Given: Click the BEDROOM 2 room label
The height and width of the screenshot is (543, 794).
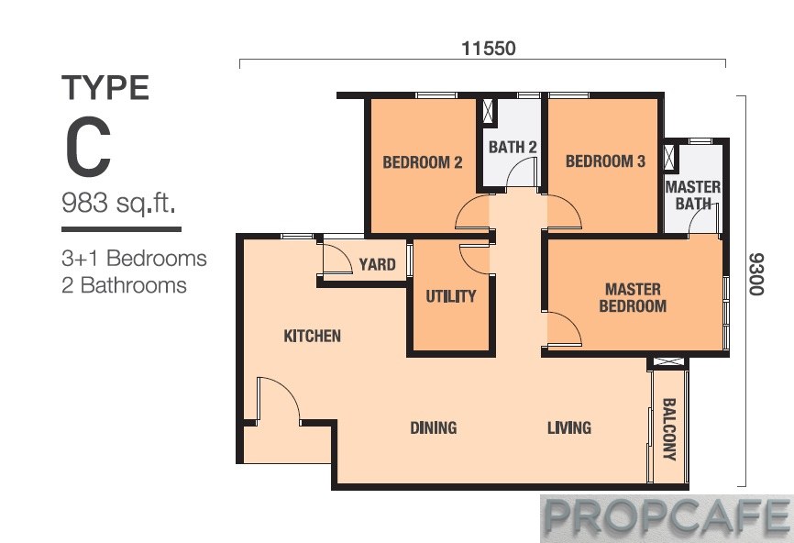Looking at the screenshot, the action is [423, 162].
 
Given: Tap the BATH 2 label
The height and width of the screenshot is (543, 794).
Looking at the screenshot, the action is [513, 148].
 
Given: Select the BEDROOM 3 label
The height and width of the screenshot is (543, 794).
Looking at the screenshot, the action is [605, 161].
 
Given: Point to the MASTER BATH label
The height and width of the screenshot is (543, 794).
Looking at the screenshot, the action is [693, 195].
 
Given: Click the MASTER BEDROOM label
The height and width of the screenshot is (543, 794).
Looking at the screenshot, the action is [633, 297].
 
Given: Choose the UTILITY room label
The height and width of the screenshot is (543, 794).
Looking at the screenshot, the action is [451, 296].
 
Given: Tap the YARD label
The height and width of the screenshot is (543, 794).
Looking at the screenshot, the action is [377, 264].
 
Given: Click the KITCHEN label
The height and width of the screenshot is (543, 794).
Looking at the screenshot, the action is [312, 336].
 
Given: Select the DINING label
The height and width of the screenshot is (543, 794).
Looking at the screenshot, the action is [434, 427].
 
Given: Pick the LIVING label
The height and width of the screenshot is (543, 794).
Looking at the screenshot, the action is [569, 427].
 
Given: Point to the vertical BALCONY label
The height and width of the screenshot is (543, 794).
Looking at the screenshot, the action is [669, 429].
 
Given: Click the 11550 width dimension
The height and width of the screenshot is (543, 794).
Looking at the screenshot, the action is [488, 49].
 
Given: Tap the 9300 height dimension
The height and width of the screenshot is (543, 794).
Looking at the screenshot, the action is [755, 274].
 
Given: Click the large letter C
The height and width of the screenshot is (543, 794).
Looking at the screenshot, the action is [88, 147].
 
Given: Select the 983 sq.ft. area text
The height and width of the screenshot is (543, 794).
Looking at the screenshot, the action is [119, 204].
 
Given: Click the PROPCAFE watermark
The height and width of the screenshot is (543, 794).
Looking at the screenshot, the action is [667, 517].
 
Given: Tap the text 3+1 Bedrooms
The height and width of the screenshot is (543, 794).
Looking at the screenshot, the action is [134, 259].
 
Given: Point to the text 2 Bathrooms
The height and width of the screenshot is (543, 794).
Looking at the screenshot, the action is [124, 285].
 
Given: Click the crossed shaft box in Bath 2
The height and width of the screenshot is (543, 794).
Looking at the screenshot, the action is [488, 111].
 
